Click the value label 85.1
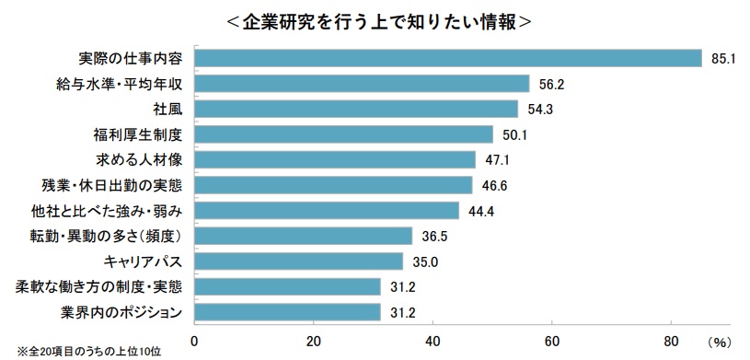722,59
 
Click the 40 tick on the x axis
433,340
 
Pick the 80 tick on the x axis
671,340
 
